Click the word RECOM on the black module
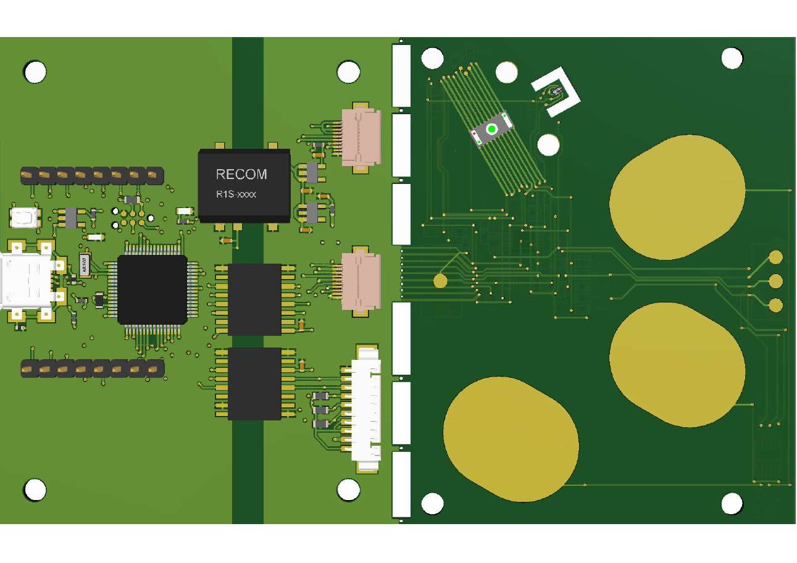click(241, 174)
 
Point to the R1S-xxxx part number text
click(236, 194)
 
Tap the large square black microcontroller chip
click(152, 290)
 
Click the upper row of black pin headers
click(93, 175)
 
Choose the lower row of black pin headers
click(93, 369)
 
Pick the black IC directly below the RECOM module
click(254, 299)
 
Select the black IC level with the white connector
click(254, 383)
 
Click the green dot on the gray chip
click(491, 129)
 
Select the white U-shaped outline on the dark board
click(556, 91)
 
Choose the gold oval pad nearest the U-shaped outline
click(677, 196)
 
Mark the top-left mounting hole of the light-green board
click(35, 72)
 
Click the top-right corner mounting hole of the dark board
click(732, 59)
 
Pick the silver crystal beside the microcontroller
click(85, 264)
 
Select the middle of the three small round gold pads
click(775, 281)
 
